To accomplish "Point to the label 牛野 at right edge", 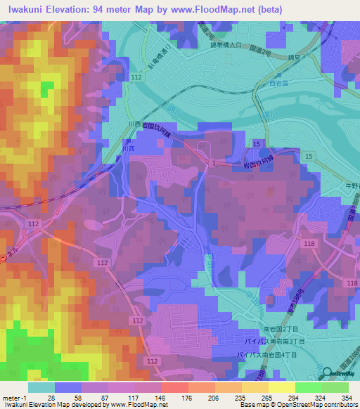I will [351, 186].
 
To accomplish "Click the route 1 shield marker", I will [212, 163].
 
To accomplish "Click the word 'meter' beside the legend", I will [8, 398].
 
